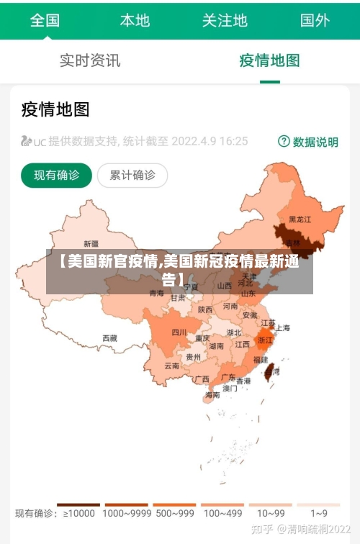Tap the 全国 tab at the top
(x=45, y=20)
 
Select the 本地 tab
(x=135, y=20)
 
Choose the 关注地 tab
(x=225, y=20)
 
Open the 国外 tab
(x=315, y=20)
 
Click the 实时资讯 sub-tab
(x=90, y=60)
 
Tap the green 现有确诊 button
(x=56, y=175)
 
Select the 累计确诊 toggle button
(x=132, y=175)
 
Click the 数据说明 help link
(x=308, y=142)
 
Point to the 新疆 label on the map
(x=91, y=243)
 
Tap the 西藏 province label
(x=109, y=337)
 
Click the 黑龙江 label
(x=300, y=219)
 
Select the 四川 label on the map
(x=179, y=332)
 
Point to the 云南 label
(x=171, y=366)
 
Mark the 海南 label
(x=212, y=394)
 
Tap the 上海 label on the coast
(x=283, y=328)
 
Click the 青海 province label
(x=156, y=293)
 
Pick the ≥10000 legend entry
(x=78, y=513)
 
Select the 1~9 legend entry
(x=319, y=513)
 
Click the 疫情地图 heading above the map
(x=55, y=109)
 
